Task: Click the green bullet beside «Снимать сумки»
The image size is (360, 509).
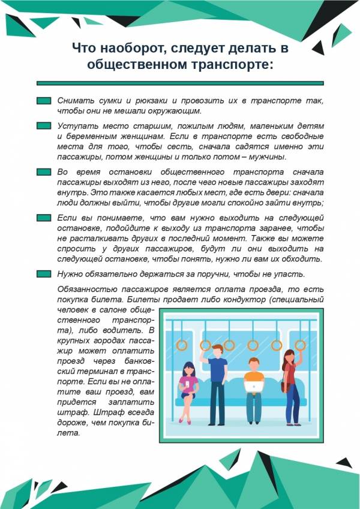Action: (x=43, y=101)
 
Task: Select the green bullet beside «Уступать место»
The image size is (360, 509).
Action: (x=43, y=126)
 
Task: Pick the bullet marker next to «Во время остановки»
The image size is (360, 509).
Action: (x=43, y=171)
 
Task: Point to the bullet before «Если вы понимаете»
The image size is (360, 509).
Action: (x=43, y=218)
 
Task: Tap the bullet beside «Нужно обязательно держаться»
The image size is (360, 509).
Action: (x=43, y=274)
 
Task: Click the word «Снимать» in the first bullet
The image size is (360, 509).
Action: (x=74, y=101)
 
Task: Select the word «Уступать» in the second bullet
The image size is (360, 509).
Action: (x=77, y=126)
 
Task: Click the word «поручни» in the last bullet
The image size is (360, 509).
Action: (x=207, y=274)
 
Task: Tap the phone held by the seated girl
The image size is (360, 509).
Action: (x=188, y=382)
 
